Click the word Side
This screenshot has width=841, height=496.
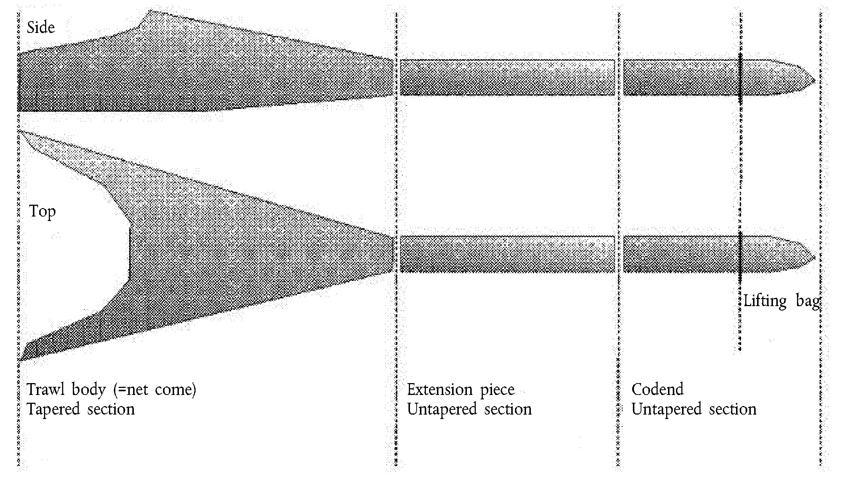[41, 27]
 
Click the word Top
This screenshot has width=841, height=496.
[43, 212]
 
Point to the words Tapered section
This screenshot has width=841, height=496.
[81, 409]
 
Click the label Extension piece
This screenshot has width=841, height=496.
[461, 390]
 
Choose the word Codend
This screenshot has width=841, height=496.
[658, 389]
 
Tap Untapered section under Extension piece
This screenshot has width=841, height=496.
[469, 409]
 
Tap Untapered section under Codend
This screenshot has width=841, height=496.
[694, 409]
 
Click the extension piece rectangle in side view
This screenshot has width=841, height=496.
[508, 77]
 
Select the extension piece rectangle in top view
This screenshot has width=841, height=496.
[508, 254]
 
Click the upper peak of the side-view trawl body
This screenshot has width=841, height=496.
[149, 10]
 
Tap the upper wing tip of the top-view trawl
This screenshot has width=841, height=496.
[19, 130]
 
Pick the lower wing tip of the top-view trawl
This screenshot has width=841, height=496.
[19, 360]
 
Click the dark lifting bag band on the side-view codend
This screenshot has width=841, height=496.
[740, 78]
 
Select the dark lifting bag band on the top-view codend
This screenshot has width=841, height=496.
[740, 257]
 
